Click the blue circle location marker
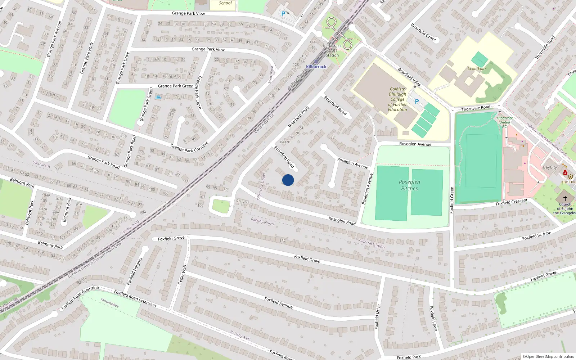(x=288, y=180)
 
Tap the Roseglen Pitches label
(x=409, y=185)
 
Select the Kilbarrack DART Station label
(x=332, y=50)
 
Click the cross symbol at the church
(x=565, y=198)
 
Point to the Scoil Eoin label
(x=477, y=68)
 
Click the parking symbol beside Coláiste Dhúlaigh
(x=417, y=102)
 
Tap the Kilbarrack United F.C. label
(x=504, y=122)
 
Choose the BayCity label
(x=550, y=167)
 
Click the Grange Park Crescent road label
(x=189, y=147)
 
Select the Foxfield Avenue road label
(x=278, y=302)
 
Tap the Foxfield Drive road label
(x=377, y=317)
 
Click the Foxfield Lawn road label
(x=433, y=318)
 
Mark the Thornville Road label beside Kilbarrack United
(x=476, y=108)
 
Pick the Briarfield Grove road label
(x=423, y=32)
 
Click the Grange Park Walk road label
(x=87, y=58)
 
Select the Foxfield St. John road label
(x=536, y=236)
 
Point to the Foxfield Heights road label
(x=135, y=271)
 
